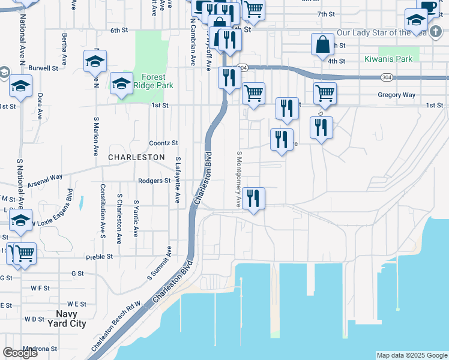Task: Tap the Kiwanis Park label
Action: (388, 59)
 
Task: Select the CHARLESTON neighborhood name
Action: (136, 157)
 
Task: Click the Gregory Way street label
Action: (397, 95)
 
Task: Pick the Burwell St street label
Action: (43, 68)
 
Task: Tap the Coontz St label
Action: (163, 143)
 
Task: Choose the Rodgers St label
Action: (154, 181)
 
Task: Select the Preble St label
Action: (100, 256)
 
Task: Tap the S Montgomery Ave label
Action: (238, 179)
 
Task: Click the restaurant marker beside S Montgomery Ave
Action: (253, 198)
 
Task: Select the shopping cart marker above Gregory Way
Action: (325, 93)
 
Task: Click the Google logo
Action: (20, 353)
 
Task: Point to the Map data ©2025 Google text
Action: (412, 355)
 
